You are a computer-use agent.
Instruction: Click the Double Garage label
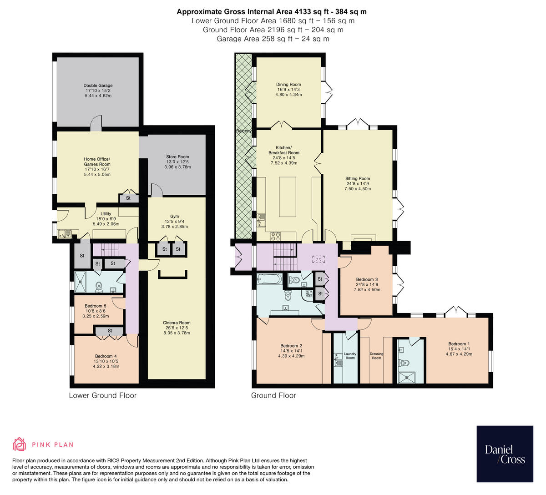(x=98, y=86)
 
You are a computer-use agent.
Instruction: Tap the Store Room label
(x=177, y=157)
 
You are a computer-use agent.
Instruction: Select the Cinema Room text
(x=177, y=323)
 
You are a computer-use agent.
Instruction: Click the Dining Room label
(x=288, y=84)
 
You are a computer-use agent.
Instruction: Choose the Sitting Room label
(x=357, y=179)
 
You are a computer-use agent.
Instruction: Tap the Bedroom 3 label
(x=367, y=279)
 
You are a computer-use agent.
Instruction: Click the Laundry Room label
(x=350, y=356)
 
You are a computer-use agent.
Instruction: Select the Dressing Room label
(x=376, y=356)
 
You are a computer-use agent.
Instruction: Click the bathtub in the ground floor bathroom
(x=270, y=279)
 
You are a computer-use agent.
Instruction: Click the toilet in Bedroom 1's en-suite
(x=404, y=363)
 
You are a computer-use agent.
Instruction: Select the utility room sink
(x=65, y=234)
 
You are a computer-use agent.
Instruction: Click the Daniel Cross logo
(x=505, y=454)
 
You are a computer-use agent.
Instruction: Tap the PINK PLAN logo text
(x=52, y=444)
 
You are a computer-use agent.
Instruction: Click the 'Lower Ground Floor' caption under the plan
(x=102, y=395)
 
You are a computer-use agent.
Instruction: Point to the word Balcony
(x=244, y=131)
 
